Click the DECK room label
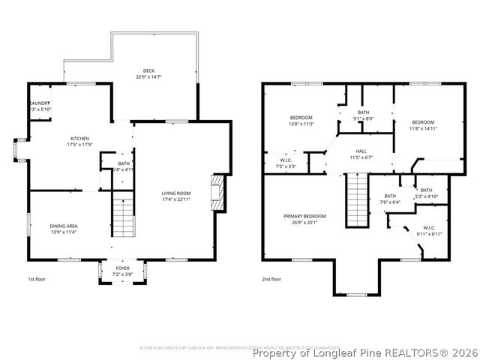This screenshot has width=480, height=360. (x=150, y=72)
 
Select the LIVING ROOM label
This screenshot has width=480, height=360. (x=177, y=194)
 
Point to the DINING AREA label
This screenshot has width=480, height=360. (x=64, y=226)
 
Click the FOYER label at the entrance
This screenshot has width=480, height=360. (x=122, y=268)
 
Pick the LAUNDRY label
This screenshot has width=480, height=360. (x=40, y=103)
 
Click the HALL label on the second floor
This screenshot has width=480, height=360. (x=361, y=150)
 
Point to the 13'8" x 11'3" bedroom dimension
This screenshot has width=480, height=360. (x=301, y=124)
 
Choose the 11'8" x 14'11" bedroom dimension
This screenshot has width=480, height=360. (x=423, y=128)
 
